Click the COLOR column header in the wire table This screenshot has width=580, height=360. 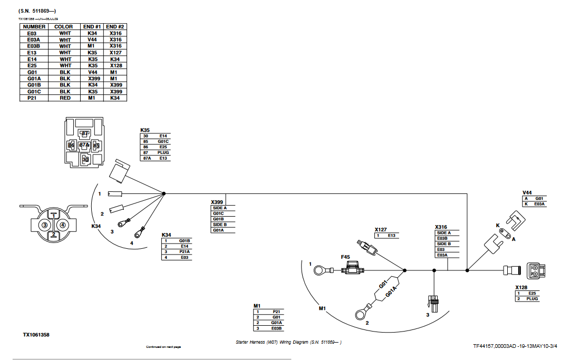coord(64,26)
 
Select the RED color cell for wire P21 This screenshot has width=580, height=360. coord(64,98)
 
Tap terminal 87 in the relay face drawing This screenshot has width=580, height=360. coord(85,134)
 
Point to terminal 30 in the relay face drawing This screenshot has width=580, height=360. coord(85,159)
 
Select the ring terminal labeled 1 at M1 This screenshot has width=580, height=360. coord(320,270)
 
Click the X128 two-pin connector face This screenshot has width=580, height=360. coord(535,271)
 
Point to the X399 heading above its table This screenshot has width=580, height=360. coord(217,202)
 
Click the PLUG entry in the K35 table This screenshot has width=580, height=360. coord(162,152)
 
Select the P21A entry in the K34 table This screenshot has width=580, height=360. coord(184,252)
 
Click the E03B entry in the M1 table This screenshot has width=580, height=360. coord(276,328)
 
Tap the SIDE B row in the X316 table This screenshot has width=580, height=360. coord(443,244)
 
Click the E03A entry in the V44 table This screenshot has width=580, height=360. coord(538,204)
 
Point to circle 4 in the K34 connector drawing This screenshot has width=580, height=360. coord(63,225)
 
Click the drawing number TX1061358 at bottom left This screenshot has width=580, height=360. coord(36,334)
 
